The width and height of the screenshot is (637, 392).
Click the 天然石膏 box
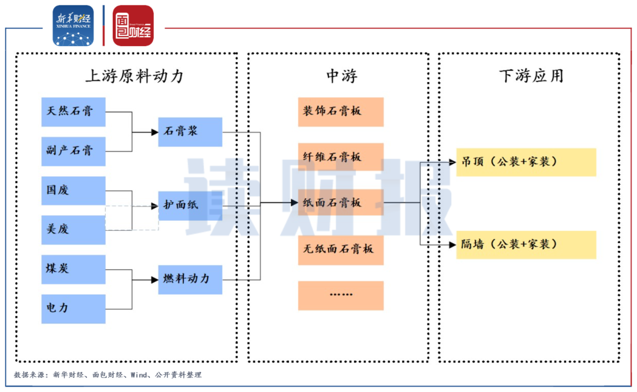[73, 112]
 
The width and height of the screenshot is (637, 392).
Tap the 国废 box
[73, 191]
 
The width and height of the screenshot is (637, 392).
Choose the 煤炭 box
[73, 269]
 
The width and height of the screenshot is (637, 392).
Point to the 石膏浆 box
[190, 132]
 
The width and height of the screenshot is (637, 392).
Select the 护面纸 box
[190, 205]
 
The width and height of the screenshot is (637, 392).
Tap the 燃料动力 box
[190, 279]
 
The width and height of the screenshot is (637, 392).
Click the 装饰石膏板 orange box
[340, 112]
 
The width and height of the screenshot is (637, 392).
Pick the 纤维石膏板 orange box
[340, 157]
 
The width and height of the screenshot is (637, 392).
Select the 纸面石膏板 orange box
[340, 203]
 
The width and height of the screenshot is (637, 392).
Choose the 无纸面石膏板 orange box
[340, 249]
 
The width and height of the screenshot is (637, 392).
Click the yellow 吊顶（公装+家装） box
[526, 162]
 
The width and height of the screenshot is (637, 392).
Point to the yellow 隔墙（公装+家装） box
[526, 244]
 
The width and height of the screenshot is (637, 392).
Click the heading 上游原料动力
[134, 76]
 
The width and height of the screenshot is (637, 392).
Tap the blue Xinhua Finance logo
[73, 25]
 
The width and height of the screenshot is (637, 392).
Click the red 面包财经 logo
[133, 25]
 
